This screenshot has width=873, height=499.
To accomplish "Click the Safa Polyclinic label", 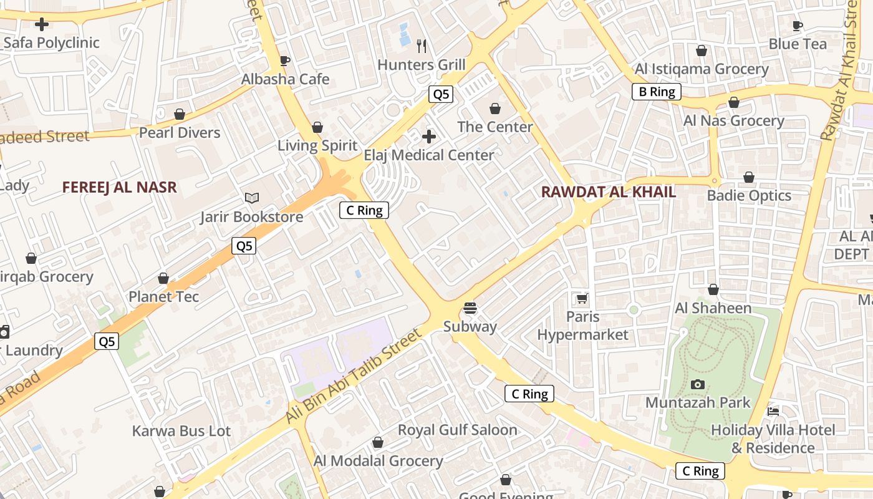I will [x=51, y=43].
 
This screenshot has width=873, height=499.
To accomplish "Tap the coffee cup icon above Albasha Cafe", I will [x=285, y=61].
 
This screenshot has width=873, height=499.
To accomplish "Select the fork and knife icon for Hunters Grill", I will [x=422, y=45].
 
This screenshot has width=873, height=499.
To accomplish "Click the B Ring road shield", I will [x=657, y=92].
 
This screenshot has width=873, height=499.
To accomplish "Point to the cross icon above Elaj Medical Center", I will [x=429, y=136].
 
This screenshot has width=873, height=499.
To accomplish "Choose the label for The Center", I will [x=495, y=127].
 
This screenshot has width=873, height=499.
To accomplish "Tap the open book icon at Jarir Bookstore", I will [x=251, y=198].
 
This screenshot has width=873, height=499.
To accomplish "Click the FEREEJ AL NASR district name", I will [x=120, y=187].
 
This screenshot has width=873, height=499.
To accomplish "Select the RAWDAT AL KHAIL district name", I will [x=608, y=192].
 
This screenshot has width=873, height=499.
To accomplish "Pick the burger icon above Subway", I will [x=470, y=308].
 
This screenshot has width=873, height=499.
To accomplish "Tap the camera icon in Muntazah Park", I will [x=698, y=384].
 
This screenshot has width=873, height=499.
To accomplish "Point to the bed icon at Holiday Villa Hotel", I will [x=773, y=411].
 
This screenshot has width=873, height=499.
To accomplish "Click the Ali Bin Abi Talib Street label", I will [x=354, y=377].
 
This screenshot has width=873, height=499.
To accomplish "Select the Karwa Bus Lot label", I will [x=181, y=431].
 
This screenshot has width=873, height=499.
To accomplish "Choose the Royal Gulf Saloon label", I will [x=458, y=430].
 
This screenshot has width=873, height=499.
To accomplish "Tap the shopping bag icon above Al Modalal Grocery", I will [x=377, y=443].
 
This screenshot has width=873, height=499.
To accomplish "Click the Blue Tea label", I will [x=798, y=44].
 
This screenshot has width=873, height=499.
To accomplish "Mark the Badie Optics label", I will [x=749, y=195].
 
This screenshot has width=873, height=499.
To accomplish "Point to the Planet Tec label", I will [x=164, y=296].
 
